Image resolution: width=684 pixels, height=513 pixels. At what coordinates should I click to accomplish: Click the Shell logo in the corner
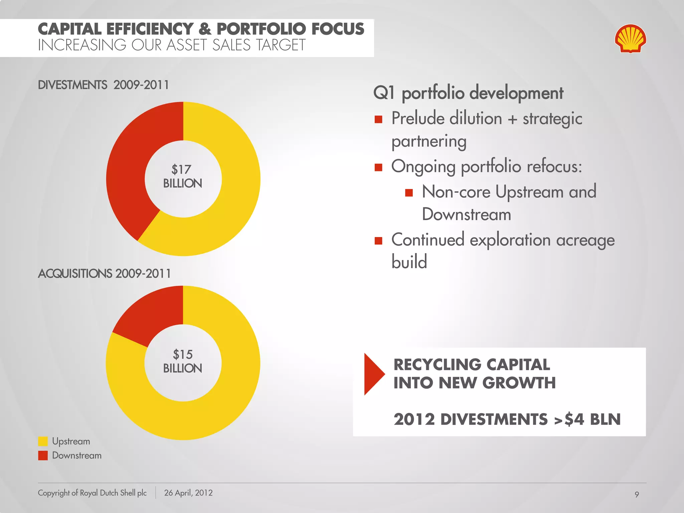(x=630, y=38)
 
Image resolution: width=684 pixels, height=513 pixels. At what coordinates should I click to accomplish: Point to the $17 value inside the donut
(x=181, y=169)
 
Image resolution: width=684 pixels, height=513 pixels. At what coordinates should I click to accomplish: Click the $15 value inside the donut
(x=183, y=354)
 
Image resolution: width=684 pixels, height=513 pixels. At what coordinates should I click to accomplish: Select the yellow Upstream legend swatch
(x=43, y=441)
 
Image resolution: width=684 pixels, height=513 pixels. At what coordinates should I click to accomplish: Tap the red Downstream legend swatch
(x=43, y=456)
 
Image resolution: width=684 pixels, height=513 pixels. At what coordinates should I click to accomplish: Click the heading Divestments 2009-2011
(x=103, y=85)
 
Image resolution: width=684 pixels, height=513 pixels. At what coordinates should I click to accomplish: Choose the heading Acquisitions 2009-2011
(x=104, y=274)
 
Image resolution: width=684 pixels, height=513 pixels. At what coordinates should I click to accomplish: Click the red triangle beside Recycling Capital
(x=373, y=374)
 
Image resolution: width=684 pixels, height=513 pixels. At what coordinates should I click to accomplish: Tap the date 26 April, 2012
(x=188, y=493)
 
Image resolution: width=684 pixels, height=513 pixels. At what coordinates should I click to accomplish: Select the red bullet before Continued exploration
(x=378, y=241)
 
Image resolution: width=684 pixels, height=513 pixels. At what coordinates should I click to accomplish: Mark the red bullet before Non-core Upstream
(x=409, y=193)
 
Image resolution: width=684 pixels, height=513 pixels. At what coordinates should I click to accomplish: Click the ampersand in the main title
(x=205, y=29)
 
